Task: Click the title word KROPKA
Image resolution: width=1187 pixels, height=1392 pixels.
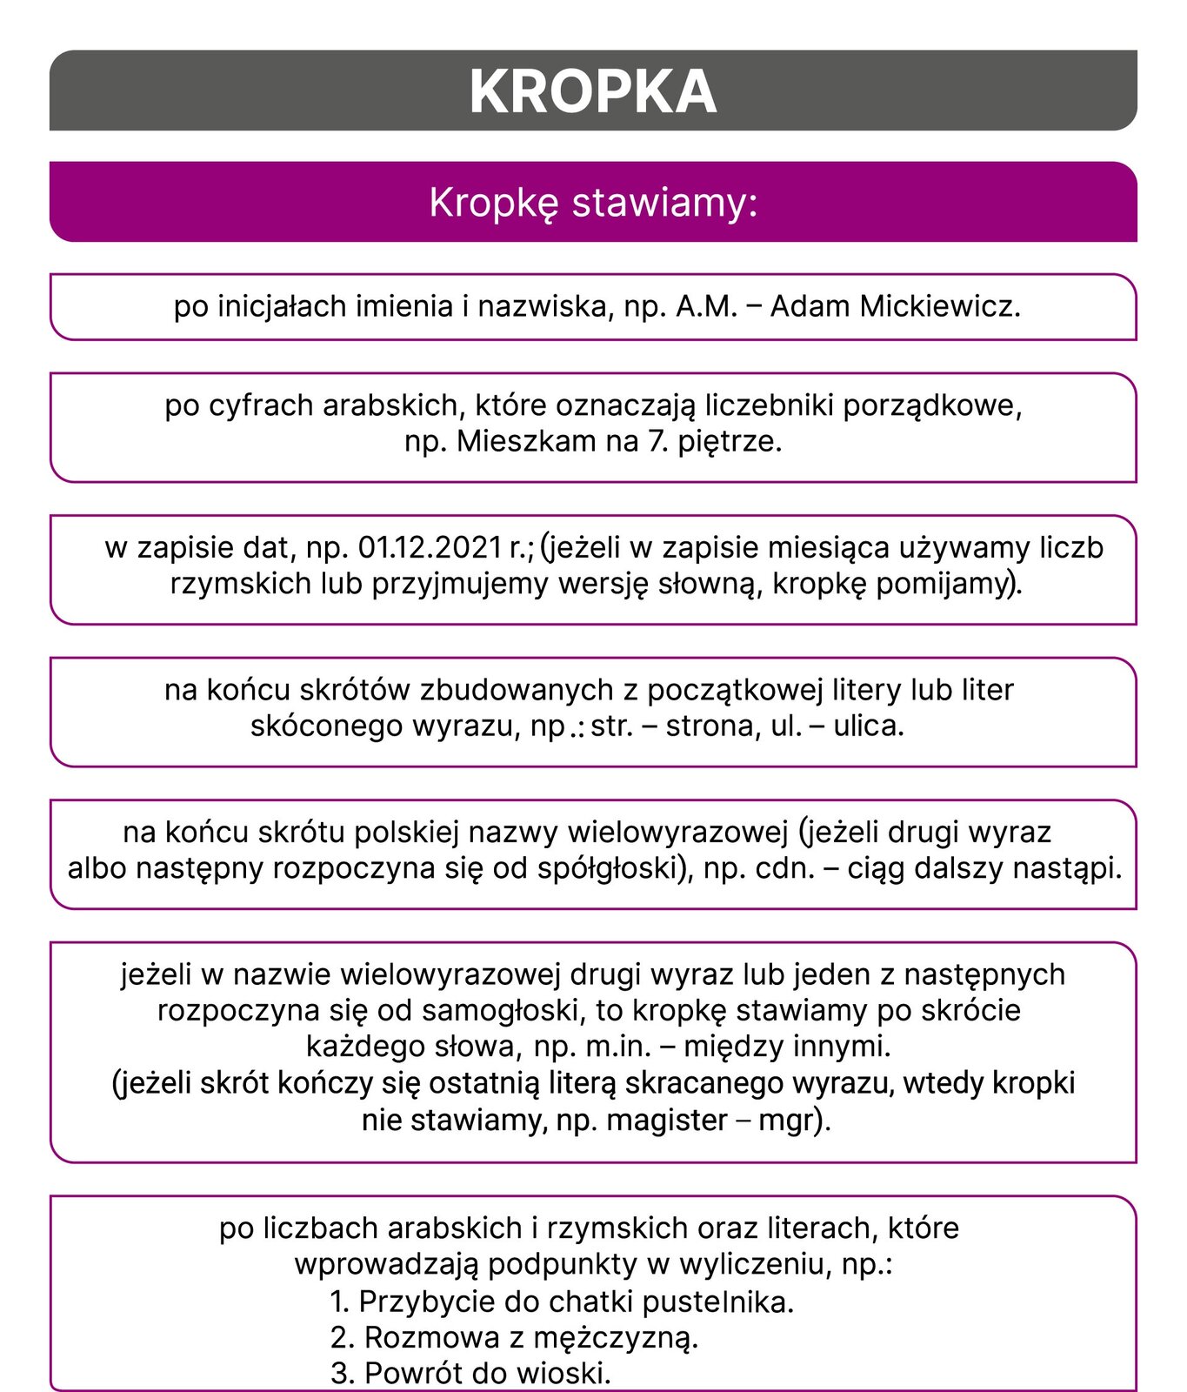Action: click(x=593, y=91)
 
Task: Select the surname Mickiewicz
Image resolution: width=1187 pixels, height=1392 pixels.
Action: click(x=940, y=306)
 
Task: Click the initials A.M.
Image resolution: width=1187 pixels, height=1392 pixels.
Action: click(x=706, y=306)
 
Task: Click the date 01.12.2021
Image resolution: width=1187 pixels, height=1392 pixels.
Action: click(x=430, y=547)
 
